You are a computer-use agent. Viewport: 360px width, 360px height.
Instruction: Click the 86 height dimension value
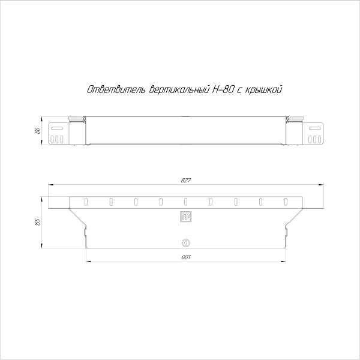coord(37,131)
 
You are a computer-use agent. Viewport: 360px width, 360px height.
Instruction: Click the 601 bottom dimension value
coord(185,257)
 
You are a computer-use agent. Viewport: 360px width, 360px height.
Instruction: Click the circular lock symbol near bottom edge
coord(185,243)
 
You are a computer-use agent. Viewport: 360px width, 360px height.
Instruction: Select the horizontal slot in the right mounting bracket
coord(314,128)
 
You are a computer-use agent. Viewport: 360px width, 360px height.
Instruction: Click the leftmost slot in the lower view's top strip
coord(86,201)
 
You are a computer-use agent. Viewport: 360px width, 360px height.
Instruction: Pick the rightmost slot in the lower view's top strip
coord(286,201)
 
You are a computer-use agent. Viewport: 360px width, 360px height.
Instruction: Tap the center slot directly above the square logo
coord(185,201)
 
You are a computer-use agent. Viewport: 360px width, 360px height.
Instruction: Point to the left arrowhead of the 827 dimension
coord(50,185)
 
